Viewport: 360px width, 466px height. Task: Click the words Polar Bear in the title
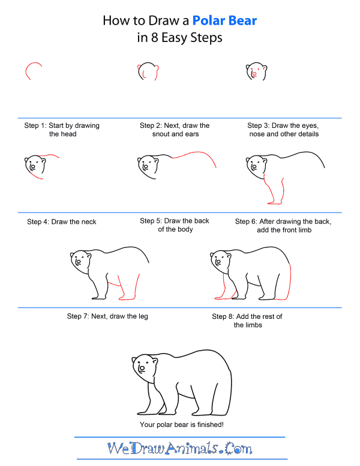(224, 21)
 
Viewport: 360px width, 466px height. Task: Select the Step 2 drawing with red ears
(148, 72)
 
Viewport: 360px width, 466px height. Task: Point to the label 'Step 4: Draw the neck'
(62, 222)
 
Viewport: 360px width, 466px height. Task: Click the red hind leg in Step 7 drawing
(128, 287)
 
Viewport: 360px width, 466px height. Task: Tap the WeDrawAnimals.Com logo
(179, 448)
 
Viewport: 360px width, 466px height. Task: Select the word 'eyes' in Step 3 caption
(312, 126)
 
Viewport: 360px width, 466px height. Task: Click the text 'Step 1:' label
(35, 126)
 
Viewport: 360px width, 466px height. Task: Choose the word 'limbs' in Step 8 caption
(252, 325)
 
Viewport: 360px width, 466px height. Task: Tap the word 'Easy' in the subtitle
(177, 38)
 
